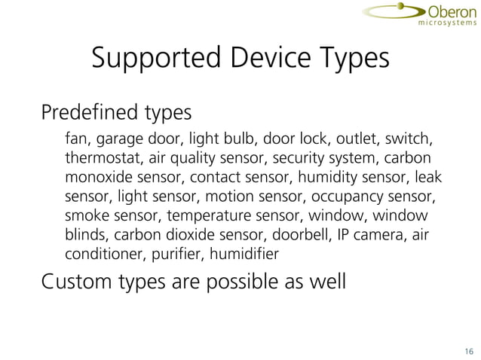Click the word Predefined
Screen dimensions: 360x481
[84, 114]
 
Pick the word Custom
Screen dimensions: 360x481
[74, 282]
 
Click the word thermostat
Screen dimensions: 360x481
[102, 160]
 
